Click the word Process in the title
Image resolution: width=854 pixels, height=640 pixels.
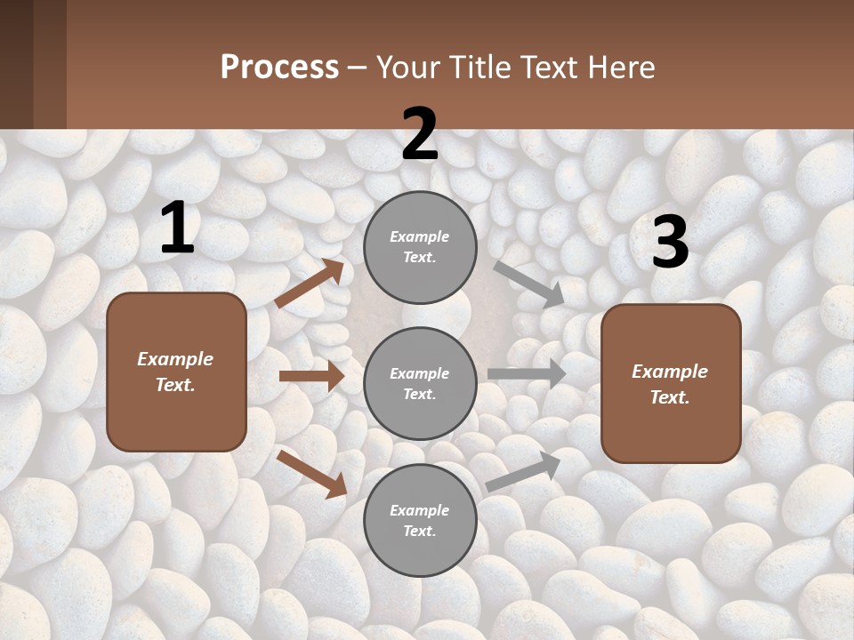click(279, 68)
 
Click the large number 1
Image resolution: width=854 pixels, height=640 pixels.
click(177, 228)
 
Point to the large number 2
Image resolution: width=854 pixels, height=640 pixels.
click(420, 134)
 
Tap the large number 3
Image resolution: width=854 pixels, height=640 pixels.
click(670, 243)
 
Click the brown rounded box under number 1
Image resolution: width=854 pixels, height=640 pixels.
click(176, 372)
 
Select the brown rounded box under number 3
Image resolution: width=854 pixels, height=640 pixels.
click(671, 383)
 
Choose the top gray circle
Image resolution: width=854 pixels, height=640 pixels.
click(420, 247)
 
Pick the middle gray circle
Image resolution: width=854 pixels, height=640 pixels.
click(420, 383)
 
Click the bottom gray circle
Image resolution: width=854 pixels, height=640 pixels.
click(420, 520)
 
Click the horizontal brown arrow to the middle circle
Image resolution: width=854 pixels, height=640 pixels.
click(311, 376)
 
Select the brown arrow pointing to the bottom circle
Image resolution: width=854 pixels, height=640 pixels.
click(312, 474)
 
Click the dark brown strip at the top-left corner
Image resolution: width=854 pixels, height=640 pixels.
click(33, 64)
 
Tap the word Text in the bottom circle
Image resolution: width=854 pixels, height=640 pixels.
click(420, 531)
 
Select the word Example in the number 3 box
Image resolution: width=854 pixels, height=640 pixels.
click(670, 372)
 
